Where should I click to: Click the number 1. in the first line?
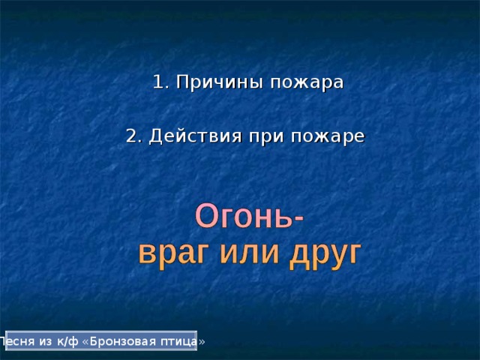tap(160, 82)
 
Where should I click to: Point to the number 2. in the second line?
tap(134, 136)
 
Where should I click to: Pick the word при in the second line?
tap(263, 137)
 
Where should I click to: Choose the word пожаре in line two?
tap(327, 137)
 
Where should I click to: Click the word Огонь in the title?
tap(244, 217)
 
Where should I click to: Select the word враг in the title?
tap(174, 253)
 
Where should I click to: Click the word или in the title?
tap(249, 253)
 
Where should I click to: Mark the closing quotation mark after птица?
tap(201, 341)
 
